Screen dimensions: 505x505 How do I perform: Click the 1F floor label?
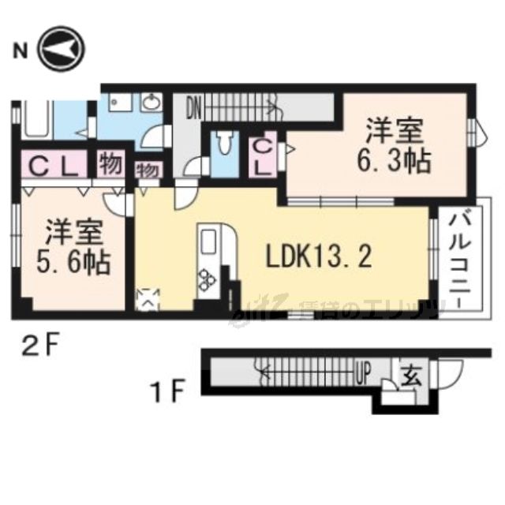click(x=169, y=389)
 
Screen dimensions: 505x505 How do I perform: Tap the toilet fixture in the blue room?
click(x=225, y=144)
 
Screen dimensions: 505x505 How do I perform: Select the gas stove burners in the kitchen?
click(x=209, y=279)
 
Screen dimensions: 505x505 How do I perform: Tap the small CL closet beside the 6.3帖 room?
click(x=264, y=157)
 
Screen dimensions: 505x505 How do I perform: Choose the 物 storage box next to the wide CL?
click(x=110, y=166)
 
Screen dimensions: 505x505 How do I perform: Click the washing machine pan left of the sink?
click(x=120, y=103)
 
